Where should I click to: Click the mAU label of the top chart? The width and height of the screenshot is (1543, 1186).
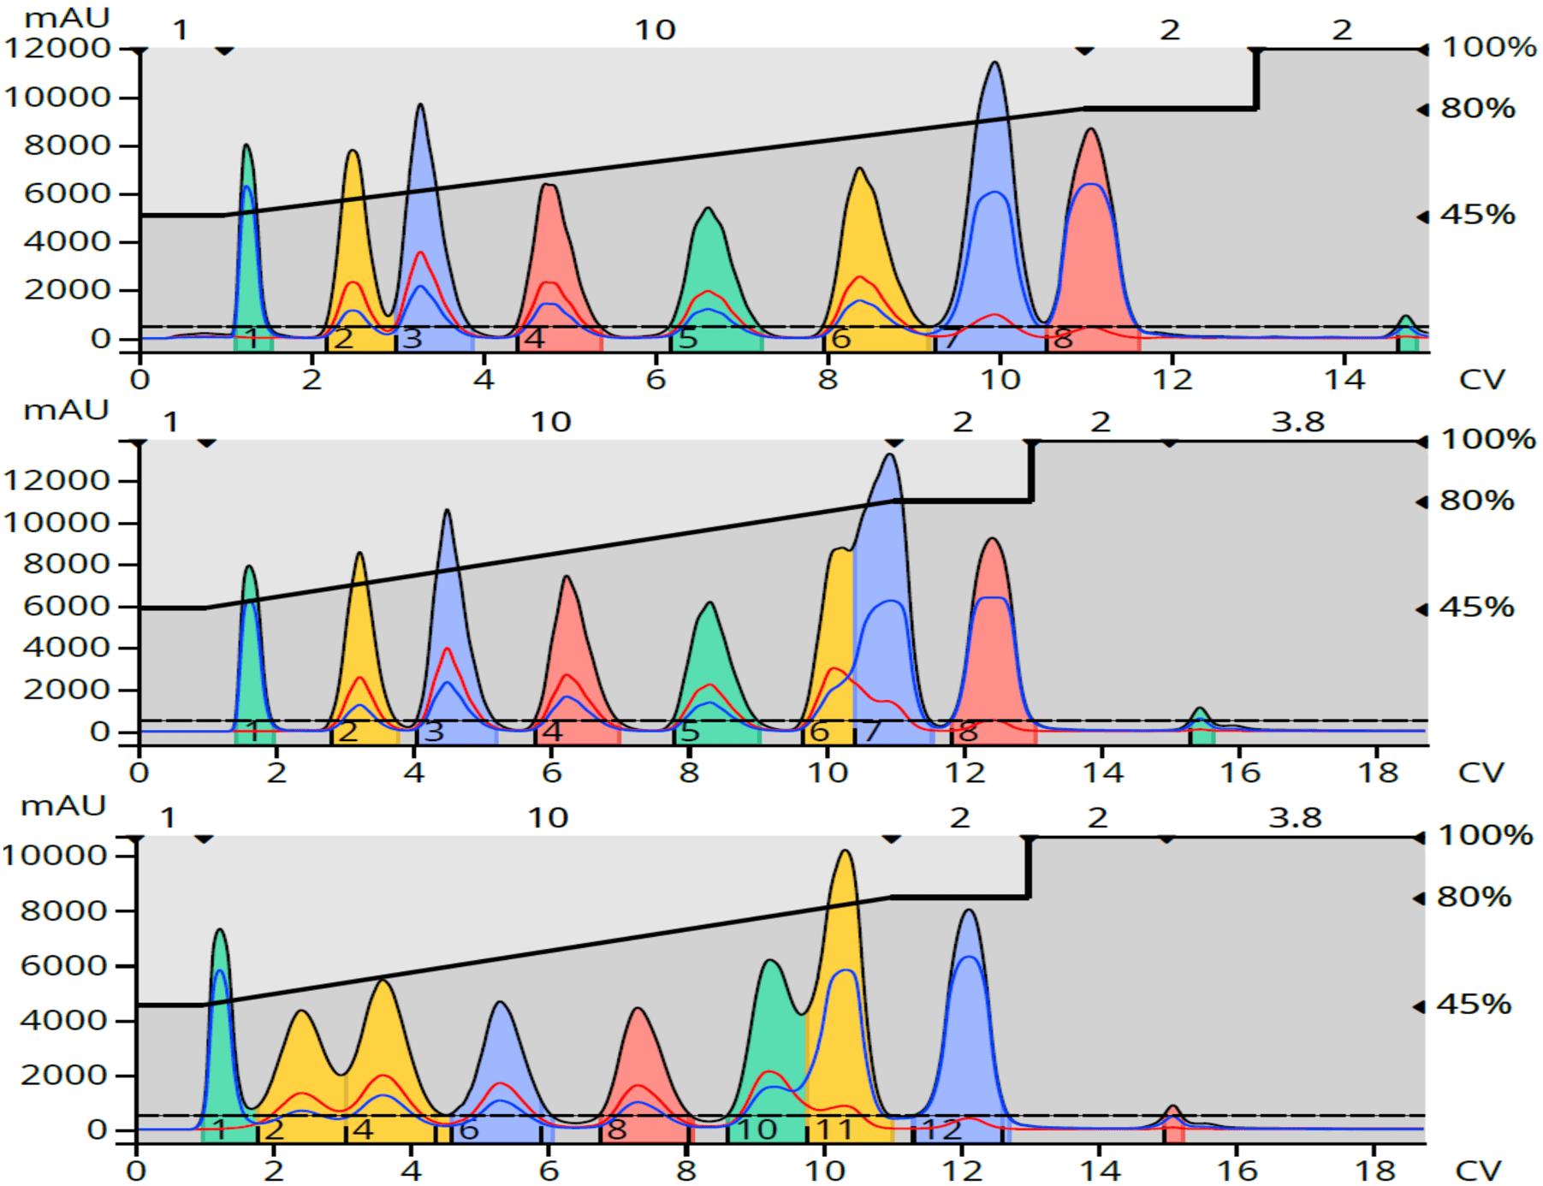click(x=67, y=18)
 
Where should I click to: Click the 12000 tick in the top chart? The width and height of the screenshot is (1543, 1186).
click(x=57, y=48)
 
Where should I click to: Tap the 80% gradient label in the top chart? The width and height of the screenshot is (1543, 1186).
click(x=1478, y=109)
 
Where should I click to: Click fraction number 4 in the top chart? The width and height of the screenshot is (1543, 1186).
click(x=534, y=339)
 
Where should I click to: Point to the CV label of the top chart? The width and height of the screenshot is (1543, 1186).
click(x=1481, y=379)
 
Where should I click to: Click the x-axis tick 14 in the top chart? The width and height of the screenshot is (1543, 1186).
click(x=1344, y=379)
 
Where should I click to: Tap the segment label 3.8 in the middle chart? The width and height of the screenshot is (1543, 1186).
click(x=1297, y=422)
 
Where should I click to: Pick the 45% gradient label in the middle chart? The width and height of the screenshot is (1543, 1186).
click(x=1477, y=608)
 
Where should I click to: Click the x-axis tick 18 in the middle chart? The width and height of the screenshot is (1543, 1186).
click(x=1378, y=773)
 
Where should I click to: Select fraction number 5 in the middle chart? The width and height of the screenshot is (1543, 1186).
click(x=689, y=732)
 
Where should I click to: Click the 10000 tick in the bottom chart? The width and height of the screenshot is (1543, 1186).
click(x=54, y=855)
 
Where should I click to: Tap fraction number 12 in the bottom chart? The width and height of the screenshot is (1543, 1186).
click(x=942, y=1130)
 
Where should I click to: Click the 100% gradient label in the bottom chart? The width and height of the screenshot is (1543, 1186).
click(x=1485, y=835)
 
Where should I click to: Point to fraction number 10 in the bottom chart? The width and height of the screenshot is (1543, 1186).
click(x=757, y=1130)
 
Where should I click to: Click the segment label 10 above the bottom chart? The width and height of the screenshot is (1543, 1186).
click(x=548, y=818)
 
